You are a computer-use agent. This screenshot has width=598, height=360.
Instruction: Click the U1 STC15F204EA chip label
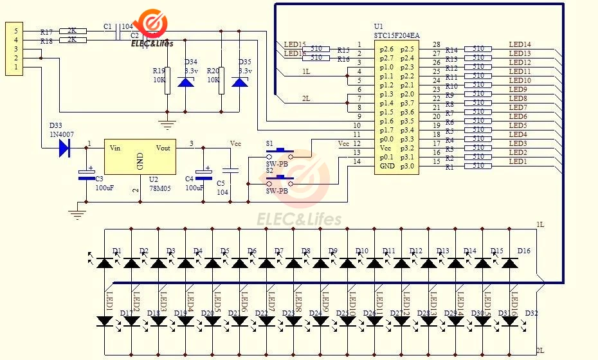click(397, 35)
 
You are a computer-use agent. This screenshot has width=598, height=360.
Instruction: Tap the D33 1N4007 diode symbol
click(64, 148)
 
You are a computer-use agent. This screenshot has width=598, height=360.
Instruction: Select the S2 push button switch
click(280, 181)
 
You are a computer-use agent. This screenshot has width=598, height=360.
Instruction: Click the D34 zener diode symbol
click(186, 83)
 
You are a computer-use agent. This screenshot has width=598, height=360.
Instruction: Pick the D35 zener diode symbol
click(240, 83)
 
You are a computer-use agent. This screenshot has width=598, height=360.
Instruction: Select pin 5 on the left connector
click(17, 31)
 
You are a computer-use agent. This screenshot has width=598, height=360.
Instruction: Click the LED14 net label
click(520, 44)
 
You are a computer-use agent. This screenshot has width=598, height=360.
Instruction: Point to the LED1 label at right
click(518, 161)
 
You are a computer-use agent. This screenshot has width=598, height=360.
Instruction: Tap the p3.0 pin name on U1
click(407, 166)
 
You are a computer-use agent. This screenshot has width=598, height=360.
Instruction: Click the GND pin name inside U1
click(386, 166)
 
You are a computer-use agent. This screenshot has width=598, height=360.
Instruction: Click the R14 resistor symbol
click(478, 49)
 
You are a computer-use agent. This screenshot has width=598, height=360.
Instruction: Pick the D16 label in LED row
click(523, 251)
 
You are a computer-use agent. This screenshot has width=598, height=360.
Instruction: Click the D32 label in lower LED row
click(531, 313)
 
